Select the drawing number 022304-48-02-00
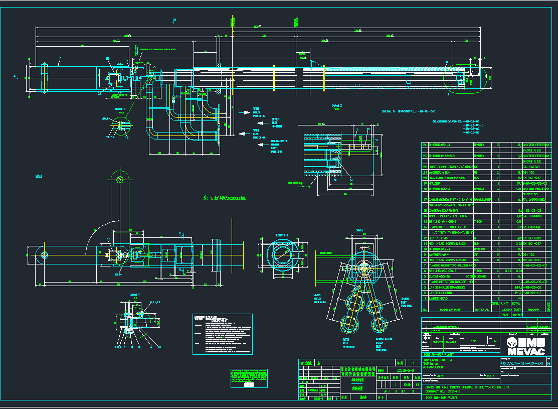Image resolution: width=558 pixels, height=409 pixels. point(522,363)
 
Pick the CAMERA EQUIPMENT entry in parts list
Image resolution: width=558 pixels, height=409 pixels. point(444,210)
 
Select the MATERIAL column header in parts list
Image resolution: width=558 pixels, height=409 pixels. point(482,310)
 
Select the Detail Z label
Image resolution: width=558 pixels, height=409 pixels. point(336,106)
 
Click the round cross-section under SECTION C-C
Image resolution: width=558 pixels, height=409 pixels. point(281,257)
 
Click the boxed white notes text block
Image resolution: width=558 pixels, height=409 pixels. point(222,335)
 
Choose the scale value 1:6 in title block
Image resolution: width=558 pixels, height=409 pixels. point(473,340)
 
